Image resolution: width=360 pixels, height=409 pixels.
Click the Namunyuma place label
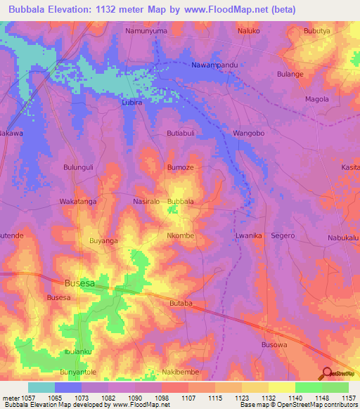146,32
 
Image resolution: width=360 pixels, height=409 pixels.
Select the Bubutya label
317,32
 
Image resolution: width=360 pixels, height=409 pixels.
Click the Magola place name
317,99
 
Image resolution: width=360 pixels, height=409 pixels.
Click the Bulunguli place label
79,167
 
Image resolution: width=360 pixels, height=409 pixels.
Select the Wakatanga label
77,202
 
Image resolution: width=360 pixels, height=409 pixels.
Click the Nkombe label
181,236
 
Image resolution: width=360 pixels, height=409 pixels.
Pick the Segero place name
283,236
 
